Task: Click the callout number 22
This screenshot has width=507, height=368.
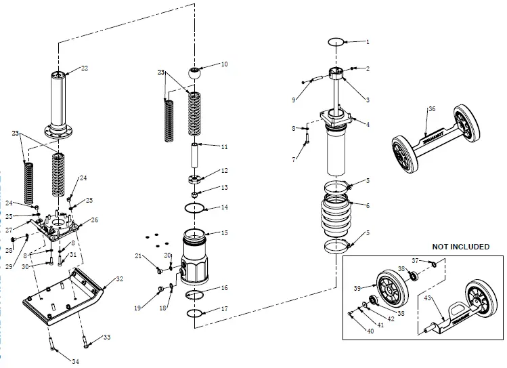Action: (85, 68)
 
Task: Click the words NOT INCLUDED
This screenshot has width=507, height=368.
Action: (460, 247)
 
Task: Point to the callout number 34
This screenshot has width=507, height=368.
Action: (76, 362)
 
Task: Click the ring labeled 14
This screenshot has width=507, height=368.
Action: (195, 208)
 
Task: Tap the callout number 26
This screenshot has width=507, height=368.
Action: (95, 220)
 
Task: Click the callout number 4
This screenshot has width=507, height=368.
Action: (368, 123)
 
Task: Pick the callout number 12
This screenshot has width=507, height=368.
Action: (225, 171)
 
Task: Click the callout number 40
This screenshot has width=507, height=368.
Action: (370, 331)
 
